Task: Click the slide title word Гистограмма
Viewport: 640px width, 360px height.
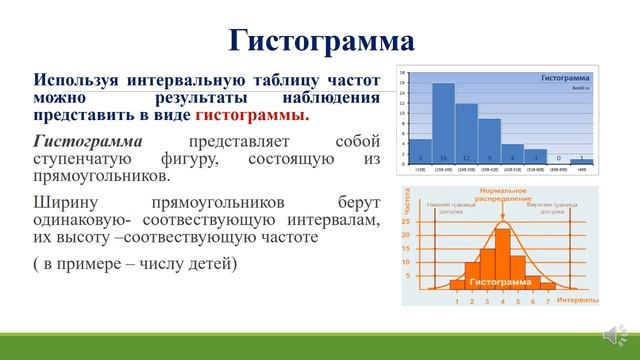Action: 320,39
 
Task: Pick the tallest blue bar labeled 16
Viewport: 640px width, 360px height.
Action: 443,123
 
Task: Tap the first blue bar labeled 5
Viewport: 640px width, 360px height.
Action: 420,151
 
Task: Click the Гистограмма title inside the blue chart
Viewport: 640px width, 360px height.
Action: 566,77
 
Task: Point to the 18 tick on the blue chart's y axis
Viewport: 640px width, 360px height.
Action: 401,73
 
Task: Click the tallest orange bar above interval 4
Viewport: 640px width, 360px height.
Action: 503,256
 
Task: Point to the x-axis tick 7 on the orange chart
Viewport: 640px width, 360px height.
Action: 548,299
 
